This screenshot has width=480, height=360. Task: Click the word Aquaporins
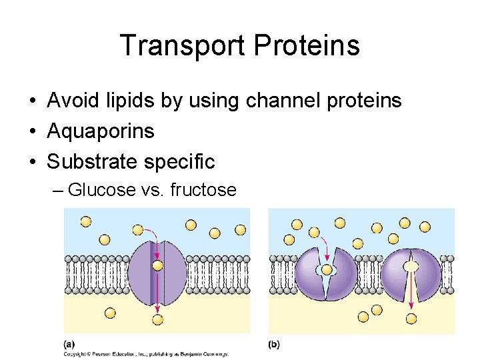point(101,131)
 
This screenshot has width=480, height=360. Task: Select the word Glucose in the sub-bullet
point(102,190)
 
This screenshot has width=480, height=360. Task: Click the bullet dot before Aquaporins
point(31,132)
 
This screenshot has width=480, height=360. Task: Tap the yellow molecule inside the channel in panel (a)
point(157,265)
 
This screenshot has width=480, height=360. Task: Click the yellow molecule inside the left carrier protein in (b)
point(327,270)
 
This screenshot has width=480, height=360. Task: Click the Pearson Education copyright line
point(147,353)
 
